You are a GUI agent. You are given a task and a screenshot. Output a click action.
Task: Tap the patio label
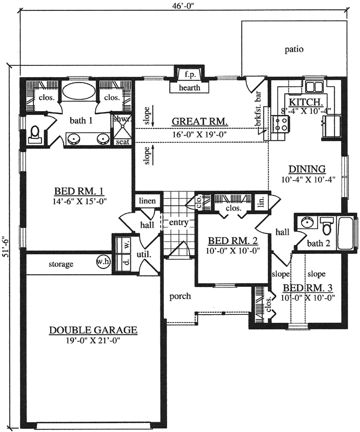click(x=294, y=49)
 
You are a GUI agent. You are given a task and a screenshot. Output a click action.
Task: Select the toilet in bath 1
click(x=34, y=133)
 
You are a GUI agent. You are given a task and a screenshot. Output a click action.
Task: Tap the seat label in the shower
click(x=122, y=141)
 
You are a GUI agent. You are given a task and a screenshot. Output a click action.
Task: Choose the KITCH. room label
click(x=306, y=102)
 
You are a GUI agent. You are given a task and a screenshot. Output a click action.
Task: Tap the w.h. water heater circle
click(x=103, y=261)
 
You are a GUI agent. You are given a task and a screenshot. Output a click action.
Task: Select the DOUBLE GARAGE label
click(x=93, y=330)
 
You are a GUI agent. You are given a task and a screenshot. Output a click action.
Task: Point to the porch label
click(x=179, y=296)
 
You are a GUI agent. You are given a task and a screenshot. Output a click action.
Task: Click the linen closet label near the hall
click(x=147, y=201)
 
